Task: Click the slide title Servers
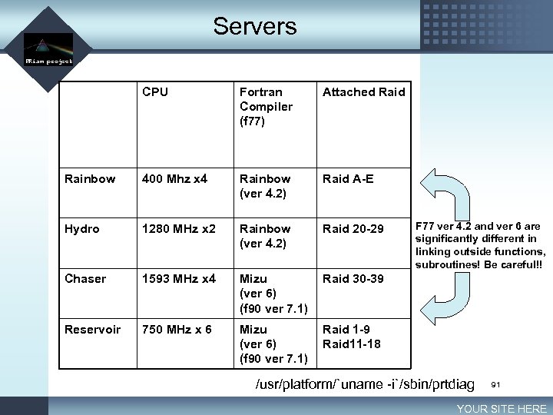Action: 254,27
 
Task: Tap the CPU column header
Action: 155,92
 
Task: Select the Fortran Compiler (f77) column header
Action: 266,106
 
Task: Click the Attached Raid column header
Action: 363,92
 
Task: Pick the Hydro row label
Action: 81,229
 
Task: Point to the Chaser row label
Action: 85,279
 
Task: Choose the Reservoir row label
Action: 92,330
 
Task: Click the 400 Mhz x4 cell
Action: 174,179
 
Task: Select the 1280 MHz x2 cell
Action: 179,229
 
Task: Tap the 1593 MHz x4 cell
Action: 179,279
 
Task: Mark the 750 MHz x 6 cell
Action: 177,330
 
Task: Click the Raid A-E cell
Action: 348,179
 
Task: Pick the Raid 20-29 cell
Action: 353,229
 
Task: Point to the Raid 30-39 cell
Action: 353,279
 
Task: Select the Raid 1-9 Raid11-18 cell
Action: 352,337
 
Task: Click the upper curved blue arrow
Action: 446,192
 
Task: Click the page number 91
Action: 496,384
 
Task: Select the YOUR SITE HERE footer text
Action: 502,409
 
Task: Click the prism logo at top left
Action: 48,48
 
